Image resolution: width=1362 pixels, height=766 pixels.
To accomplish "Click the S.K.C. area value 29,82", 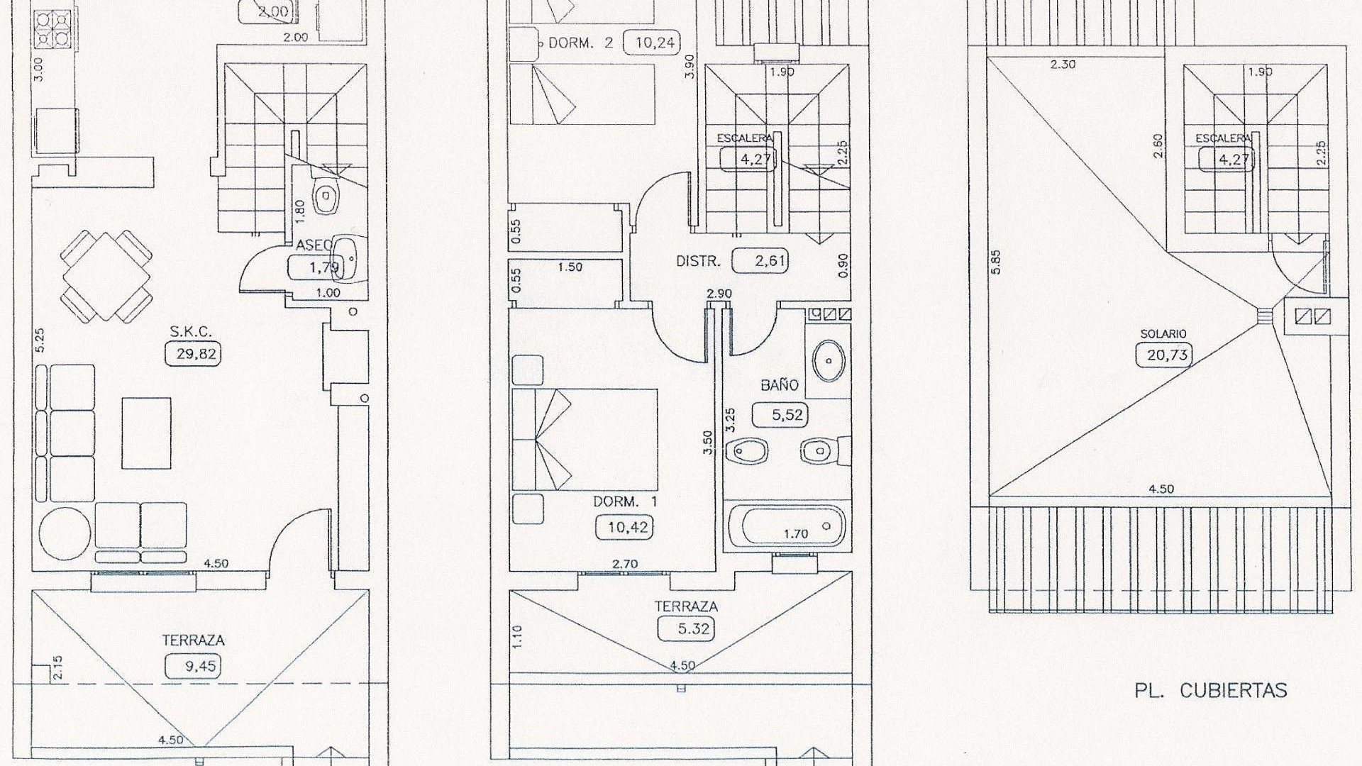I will coord(192,354).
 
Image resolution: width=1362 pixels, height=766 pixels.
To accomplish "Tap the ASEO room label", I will coord(314,245).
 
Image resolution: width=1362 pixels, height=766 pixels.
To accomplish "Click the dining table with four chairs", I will coord(106,277).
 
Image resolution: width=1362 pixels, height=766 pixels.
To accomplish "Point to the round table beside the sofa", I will coord(65,533).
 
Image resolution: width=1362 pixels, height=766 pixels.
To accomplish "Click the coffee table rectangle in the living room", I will coord(146,433).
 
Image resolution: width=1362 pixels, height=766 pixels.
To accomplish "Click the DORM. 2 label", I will coord(580,43).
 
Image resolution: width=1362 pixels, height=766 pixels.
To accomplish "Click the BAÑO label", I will coord(779,385).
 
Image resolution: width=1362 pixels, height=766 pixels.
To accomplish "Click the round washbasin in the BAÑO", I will coord(828,360).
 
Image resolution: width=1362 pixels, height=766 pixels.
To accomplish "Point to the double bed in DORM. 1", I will coord(584,439).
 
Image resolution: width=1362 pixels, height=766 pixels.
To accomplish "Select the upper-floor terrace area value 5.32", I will coord(685,628).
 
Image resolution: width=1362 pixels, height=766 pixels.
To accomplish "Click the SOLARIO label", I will coord(1163,333).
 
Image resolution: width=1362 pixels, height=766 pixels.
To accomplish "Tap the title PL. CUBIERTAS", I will coord(1210,691).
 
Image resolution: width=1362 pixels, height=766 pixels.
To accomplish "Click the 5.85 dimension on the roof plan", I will coord(996,262).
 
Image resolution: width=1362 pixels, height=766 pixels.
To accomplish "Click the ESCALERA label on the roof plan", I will coord(1222,138).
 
